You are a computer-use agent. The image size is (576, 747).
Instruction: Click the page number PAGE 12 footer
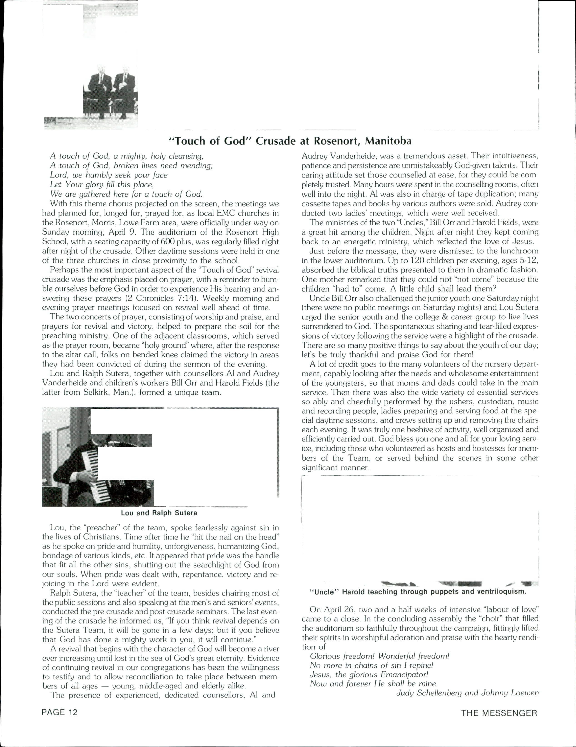(x=60, y=712)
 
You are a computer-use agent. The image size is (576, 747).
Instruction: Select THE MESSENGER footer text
(x=499, y=713)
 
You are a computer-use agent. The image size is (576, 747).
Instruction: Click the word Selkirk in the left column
(x=96, y=392)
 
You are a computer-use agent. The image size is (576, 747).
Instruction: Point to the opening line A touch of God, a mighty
(x=127, y=156)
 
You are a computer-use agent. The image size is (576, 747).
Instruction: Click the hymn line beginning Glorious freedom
(x=379, y=656)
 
